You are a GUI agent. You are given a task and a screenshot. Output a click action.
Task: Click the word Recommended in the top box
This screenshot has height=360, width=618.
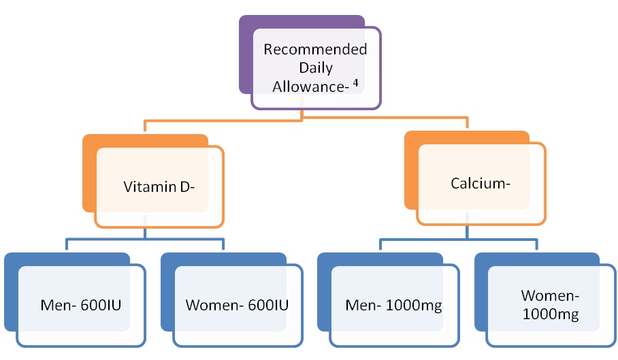315,49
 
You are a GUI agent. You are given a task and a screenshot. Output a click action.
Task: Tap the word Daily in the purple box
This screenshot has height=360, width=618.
316,68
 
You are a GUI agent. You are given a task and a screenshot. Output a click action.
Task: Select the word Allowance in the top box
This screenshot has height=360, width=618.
308,86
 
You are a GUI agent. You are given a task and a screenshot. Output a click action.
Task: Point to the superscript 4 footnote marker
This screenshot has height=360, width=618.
355,83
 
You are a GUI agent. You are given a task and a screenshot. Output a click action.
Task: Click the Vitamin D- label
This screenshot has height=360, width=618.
159,186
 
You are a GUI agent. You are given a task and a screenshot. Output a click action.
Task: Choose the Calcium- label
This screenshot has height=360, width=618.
481,183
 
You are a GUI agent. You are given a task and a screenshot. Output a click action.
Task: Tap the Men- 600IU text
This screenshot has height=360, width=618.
81,306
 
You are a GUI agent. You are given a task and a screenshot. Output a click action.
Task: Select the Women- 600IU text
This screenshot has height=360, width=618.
237,306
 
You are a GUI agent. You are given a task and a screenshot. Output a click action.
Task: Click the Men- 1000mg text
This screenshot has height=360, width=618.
393,306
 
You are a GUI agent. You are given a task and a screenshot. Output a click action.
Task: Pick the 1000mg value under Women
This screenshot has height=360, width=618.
551,314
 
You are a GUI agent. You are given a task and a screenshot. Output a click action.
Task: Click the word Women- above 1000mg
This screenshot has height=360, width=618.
550,295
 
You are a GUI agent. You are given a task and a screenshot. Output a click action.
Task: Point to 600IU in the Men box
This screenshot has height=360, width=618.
101,306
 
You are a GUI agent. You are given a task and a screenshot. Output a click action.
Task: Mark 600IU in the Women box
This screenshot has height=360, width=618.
268,306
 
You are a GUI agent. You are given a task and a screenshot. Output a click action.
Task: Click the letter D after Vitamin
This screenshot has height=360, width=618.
185,186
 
